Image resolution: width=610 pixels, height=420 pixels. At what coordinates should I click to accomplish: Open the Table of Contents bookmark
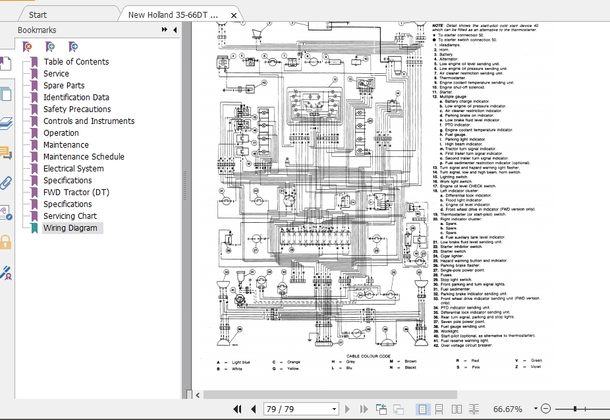[x=76, y=62]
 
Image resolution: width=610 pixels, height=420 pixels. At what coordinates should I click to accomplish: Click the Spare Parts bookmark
[x=64, y=86]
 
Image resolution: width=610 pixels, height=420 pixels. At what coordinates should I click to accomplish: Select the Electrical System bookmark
[x=73, y=169]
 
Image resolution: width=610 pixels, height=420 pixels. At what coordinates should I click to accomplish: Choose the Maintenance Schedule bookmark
[x=84, y=157]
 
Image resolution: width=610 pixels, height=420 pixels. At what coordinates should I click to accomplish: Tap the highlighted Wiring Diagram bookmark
[x=70, y=228]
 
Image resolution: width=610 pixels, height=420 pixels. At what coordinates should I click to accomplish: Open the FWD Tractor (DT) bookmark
[x=76, y=193]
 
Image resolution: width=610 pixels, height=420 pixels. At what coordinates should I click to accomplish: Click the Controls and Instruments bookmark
[x=88, y=121]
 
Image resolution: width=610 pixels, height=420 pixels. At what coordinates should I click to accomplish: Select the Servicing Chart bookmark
[x=70, y=216]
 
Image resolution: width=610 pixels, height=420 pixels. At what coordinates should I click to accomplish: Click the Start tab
[x=38, y=15]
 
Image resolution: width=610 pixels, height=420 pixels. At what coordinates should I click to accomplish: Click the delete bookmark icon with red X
[x=27, y=46]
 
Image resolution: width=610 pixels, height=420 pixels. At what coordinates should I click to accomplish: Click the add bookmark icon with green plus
[x=50, y=46]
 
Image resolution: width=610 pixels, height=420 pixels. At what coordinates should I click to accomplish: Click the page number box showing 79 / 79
[x=300, y=409]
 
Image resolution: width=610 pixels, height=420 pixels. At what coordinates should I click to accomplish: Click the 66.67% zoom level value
[x=507, y=409]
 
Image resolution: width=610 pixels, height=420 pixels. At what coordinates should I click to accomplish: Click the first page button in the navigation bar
[x=238, y=409]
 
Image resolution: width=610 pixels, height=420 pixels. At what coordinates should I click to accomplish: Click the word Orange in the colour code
[x=293, y=361]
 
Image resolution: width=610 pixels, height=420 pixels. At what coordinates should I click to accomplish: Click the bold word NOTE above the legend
[x=437, y=25]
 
